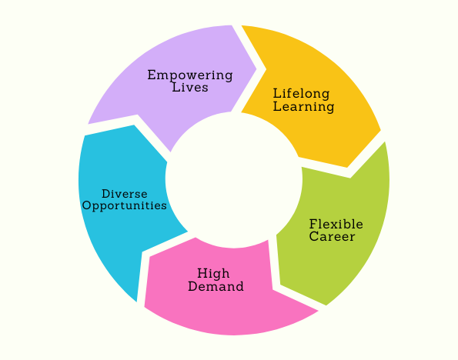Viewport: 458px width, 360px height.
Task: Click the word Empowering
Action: [x=190, y=75]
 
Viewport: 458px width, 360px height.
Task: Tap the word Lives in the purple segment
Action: [x=190, y=87]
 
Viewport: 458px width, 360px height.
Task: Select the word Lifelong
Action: [x=302, y=94]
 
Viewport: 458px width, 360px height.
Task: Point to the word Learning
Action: [x=304, y=107]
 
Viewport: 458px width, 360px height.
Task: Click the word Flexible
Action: [x=336, y=225]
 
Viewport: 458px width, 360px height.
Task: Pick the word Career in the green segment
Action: [x=332, y=236]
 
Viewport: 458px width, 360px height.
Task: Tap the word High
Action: [x=213, y=274]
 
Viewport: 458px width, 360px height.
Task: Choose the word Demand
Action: [x=216, y=286]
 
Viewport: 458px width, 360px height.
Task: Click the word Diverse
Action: [x=125, y=194]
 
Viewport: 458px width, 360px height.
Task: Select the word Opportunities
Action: [x=125, y=206]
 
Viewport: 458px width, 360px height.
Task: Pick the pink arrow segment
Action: [x=228, y=292]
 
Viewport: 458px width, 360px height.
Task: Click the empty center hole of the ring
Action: [x=234, y=179]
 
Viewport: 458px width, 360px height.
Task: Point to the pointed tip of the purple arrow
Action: [x=256, y=69]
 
